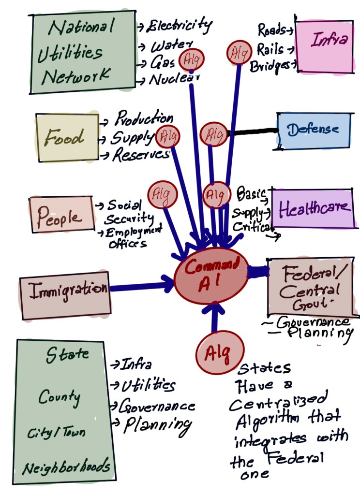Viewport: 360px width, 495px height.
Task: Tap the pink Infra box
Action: point(324,46)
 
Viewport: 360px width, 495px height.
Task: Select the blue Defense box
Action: point(313,131)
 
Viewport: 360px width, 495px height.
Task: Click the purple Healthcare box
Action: point(312,208)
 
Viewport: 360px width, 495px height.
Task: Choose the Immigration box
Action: point(65,291)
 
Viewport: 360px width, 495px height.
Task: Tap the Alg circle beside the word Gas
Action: point(191,61)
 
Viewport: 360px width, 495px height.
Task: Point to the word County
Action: point(60,397)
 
